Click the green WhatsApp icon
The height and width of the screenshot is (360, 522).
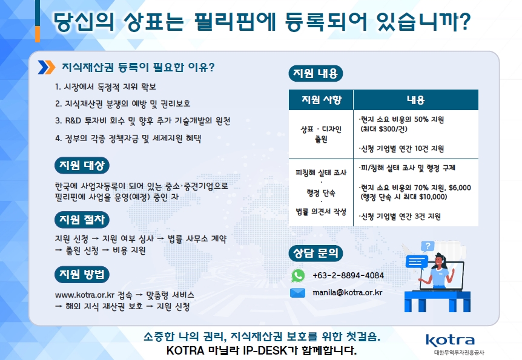click(298, 275)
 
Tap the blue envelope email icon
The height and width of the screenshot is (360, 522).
click(297, 293)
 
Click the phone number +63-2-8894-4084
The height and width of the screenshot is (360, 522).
click(348, 275)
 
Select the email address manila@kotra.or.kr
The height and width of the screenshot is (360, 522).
click(347, 292)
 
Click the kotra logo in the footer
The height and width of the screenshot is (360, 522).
click(451, 341)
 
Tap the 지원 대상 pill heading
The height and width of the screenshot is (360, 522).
click(82, 165)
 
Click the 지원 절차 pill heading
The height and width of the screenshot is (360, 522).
click(82, 220)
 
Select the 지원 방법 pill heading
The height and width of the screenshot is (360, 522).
click(82, 275)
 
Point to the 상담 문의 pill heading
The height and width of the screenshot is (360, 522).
click(316, 253)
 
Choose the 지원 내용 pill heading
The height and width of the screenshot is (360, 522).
click(316, 74)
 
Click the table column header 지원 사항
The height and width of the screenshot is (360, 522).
click(322, 100)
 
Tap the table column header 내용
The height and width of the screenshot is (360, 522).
click(416, 100)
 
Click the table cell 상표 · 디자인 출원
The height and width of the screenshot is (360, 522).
click(321, 134)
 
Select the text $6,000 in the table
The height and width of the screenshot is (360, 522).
click(460, 188)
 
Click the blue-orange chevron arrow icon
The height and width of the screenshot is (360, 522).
click(47, 68)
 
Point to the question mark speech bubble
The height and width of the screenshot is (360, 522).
click(428, 246)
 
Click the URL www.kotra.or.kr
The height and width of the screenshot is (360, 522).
click(85, 295)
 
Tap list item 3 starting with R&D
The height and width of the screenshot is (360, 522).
click(143, 121)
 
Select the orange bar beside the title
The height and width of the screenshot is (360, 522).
click(38, 34)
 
